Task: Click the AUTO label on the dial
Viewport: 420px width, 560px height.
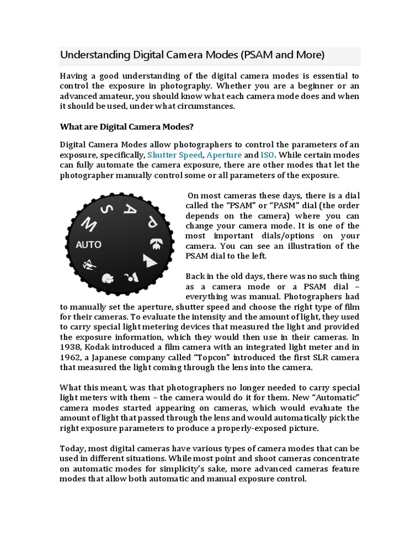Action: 89,244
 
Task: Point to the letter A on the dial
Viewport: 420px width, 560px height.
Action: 130,208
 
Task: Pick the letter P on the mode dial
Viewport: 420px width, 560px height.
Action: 151,221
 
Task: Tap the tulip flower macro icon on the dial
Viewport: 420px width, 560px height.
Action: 109,278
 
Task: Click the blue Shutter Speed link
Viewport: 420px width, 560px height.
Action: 171,155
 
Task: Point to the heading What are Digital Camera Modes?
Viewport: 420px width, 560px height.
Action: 126,127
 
